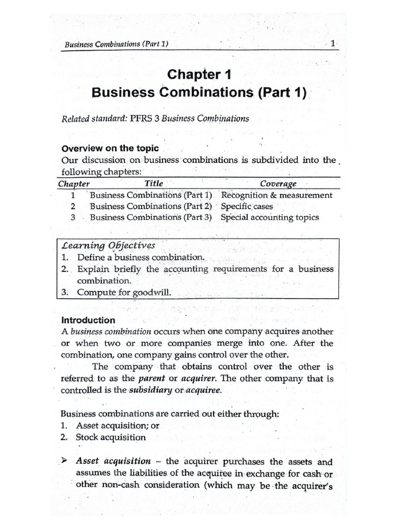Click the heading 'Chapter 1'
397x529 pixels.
pyautogui.click(x=198, y=75)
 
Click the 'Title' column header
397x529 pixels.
pyautogui.click(x=154, y=183)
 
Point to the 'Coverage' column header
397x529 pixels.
pyautogui.click(x=278, y=184)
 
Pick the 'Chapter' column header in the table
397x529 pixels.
pyautogui.click(x=74, y=184)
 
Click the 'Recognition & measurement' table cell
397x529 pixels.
pyautogui.click(x=277, y=195)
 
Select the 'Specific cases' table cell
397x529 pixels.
pyautogui.click(x=247, y=206)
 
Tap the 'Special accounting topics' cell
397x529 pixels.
pyautogui.click(x=269, y=217)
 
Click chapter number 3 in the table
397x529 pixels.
pyautogui.click(x=73, y=217)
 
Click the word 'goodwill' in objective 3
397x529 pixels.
pyautogui.click(x=151, y=292)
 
